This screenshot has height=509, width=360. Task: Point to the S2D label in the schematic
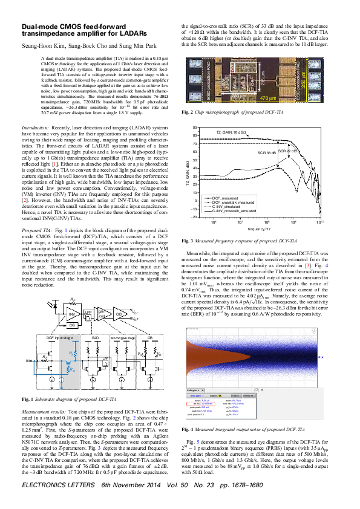coord(95,337)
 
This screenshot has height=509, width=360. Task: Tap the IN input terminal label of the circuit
coord(28,360)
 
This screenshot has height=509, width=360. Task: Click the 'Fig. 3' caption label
coord(188,241)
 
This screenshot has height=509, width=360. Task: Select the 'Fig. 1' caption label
coord(27,400)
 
